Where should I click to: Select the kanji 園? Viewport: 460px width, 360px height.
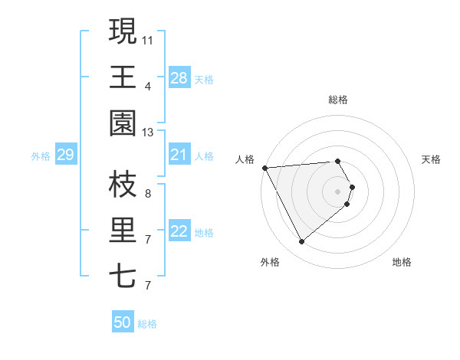(x=123, y=123)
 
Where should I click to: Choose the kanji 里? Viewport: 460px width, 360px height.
(x=123, y=230)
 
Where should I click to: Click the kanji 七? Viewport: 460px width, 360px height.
(x=123, y=276)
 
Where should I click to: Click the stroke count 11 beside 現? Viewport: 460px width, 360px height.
(x=148, y=39)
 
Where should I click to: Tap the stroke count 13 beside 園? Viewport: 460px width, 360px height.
(x=148, y=133)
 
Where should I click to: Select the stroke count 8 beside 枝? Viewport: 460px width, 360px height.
(x=148, y=193)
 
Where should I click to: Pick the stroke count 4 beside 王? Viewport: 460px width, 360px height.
(x=148, y=86)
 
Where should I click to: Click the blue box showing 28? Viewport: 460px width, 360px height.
(x=179, y=78)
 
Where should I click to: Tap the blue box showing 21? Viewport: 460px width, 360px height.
(x=179, y=155)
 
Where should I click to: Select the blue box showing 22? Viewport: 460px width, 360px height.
(x=179, y=232)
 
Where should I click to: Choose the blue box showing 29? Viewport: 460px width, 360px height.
(x=65, y=155)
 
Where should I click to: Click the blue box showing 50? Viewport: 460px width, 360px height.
(x=122, y=322)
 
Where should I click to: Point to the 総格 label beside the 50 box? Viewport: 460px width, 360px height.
(x=147, y=324)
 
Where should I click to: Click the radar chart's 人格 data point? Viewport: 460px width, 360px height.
(x=264, y=168)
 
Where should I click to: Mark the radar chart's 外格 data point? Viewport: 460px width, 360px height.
(x=301, y=242)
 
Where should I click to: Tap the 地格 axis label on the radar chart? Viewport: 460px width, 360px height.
(x=402, y=263)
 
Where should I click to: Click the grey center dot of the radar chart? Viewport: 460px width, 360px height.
(x=337, y=190)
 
